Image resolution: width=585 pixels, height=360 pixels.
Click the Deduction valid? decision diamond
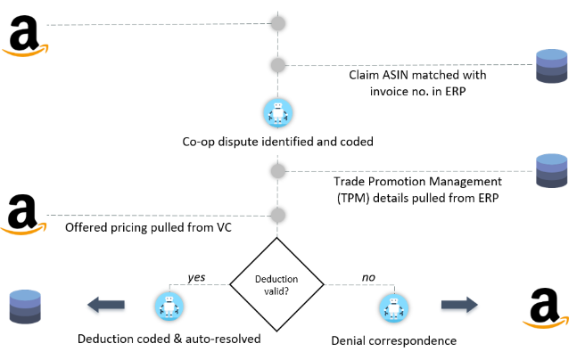click(x=278, y=284)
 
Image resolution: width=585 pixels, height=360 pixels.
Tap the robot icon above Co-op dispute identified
click(x=278, y=112)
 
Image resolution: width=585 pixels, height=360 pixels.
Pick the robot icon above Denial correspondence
click(x=392, y=307)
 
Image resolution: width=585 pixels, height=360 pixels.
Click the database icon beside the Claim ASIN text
click(x=551, y=67)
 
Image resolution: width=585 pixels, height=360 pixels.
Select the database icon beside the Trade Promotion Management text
click(x=551, y=171)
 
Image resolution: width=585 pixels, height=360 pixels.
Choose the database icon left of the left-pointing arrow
click(x=24, y=307)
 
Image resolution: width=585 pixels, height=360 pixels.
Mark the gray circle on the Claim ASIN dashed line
click(x=278, y=65)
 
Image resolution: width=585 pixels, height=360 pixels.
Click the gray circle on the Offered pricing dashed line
click(x=278, y=215)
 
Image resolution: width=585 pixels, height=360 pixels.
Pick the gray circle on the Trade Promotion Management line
click(x=278, y=169)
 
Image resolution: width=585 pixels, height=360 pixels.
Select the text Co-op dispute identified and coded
click(x=277, y=141)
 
